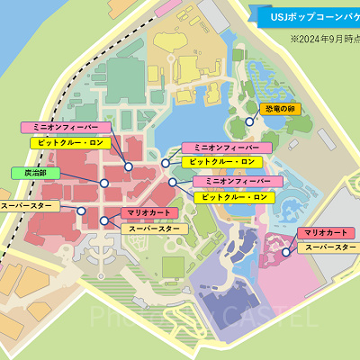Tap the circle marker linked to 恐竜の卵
coord(249,121)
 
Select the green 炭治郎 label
coord(31,172)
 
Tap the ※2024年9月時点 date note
coord(322,40)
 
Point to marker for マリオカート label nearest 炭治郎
coord(104,220)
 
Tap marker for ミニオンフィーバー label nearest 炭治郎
coord(129,166)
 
